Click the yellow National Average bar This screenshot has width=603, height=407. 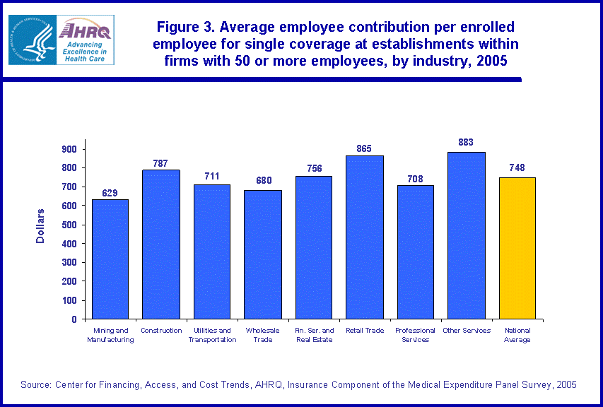(x=517, y=247)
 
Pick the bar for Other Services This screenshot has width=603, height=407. (x=467, y=235)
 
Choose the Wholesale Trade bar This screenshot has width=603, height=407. (x=263, y=254)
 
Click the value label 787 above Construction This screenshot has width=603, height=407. (x=160, y=164)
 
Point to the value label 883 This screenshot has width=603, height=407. (x=467, y=141)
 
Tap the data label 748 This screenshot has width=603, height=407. (x=517, y=168)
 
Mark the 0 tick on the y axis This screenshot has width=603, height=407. (x=73, y=319)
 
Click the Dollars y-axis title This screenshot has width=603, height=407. (x=40, y=226)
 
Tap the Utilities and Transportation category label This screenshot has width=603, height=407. (x=212, y=335)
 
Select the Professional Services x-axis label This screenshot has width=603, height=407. (x=416, y=335)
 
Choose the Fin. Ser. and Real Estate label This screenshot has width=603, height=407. (x=314, y=335)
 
